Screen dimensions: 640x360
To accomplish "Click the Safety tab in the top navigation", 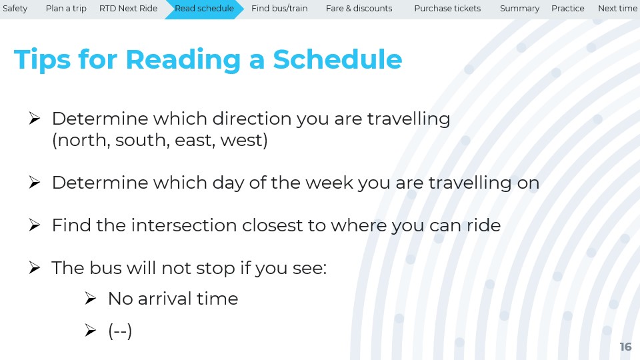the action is pyautogui.click(x=15, y=9).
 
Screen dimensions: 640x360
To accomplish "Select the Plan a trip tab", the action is pyautogui.click(x=66, y=9).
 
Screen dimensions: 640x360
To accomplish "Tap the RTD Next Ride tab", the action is pyautogui.click(x=128, y=9).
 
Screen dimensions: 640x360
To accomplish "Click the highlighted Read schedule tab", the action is pyautogui.click(x=204, y=9).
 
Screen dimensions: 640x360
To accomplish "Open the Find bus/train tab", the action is pyautogui.click(x=279, y=9).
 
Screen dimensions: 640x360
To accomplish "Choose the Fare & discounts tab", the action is pyautogui.click(x=359, y=9).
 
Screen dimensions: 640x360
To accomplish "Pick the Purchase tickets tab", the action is pyautogui.click(x=447, y=9).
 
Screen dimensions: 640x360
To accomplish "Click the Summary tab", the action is pyautogui.click(x=519, y=9).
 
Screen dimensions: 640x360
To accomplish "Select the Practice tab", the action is pyautogui.click(x=568, y=9).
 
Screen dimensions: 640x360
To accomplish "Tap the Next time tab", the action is pyautogui.click(x=617, y=9).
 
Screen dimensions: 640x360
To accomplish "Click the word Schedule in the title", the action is pyautogui.click(x=337, y=59).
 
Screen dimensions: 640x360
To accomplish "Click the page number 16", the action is pyautogui.click(x=625, y=347).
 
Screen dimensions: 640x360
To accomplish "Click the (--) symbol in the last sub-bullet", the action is pyautogui.click(x=120, y=331).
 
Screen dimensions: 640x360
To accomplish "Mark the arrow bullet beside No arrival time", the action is pyautogui.click(x=90, y=299).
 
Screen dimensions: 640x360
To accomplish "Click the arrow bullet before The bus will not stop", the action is pyautogui.click(x=34, y=268).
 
